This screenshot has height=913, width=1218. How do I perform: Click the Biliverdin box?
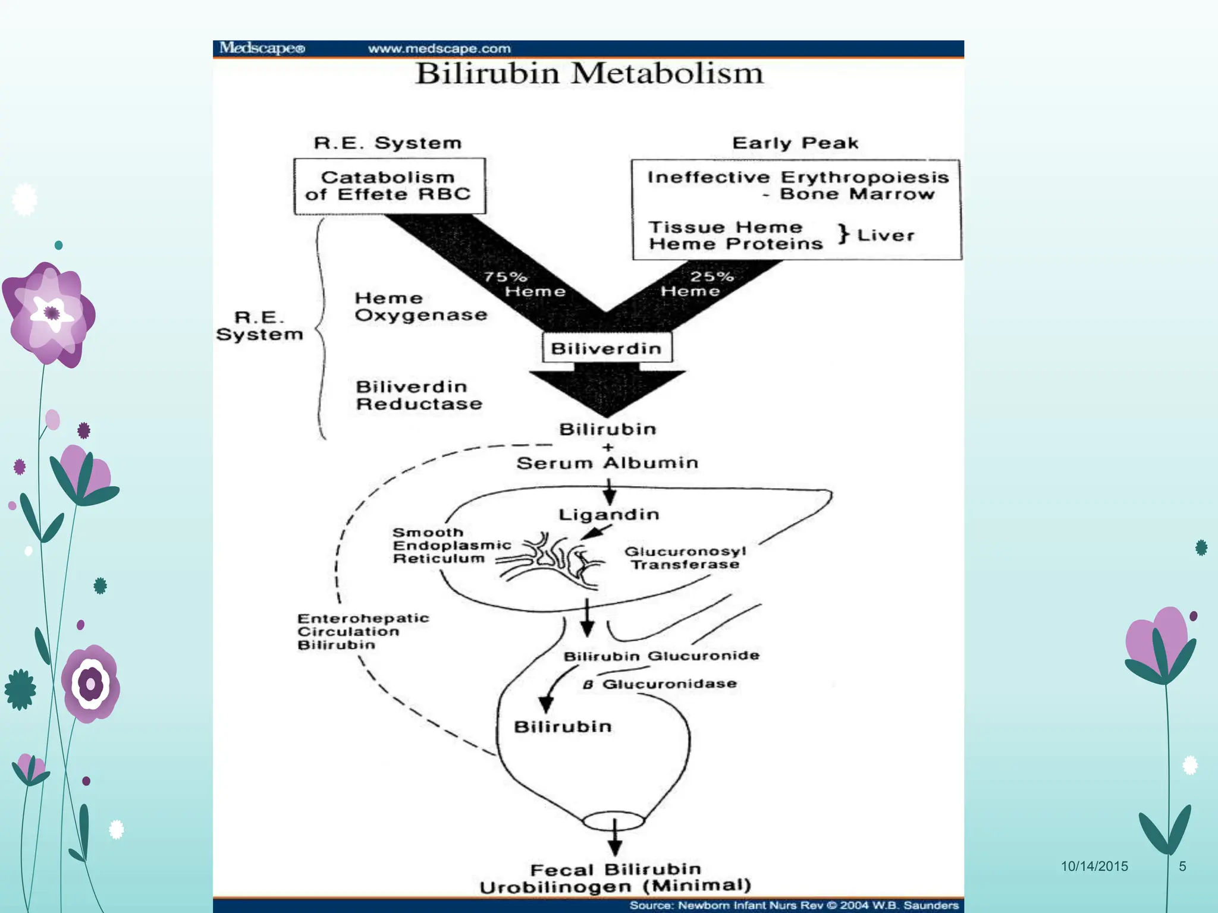click(x=607, y=348)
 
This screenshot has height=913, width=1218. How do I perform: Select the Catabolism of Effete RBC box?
click(x=389, y=186)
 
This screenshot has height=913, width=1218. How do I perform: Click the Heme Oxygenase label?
click(x=420, y=307)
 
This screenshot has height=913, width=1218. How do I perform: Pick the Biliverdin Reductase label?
click(x=419, y=395)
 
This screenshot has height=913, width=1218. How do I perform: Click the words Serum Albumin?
click(x=607, y=463)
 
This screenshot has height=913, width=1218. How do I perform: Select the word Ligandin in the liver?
click(x=608, y=514)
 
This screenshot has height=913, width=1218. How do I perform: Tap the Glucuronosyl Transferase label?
click(x=685, y=558)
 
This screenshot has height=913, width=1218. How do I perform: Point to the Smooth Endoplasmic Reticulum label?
click(x=451, y=546)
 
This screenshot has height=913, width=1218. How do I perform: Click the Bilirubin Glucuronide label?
click(x=661, y=656)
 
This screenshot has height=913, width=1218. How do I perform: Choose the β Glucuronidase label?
click(x=660, y=684)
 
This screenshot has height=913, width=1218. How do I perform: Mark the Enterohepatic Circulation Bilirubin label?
click(x=363, y=632)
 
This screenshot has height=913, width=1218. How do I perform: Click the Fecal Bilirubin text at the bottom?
click(x=615, y=870)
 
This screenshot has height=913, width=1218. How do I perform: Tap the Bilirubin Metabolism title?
click(x=589, y=74)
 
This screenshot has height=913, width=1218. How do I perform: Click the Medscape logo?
click(x=262, y=48)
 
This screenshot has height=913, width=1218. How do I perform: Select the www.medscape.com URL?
click(x=439, y=49)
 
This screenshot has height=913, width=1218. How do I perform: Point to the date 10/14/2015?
click(x=1094, y=866)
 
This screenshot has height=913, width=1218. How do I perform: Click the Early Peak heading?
click(x=795, y=143)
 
